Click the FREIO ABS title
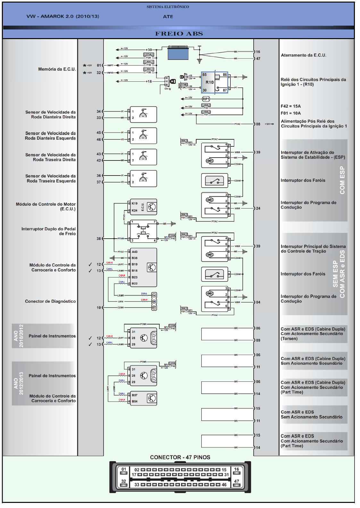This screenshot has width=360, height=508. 179,34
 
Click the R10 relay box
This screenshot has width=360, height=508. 214,82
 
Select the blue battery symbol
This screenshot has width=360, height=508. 178,53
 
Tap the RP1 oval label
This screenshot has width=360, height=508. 206,99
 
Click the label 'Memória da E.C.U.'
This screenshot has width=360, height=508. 57,69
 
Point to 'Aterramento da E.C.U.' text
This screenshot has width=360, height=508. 303,55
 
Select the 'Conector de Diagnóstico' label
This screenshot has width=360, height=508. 50,301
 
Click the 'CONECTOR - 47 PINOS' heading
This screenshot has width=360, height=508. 180,457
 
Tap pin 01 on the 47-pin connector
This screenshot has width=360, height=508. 124,470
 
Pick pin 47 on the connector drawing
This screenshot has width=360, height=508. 237,481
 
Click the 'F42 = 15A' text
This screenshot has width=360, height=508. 290,106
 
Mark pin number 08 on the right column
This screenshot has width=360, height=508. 258,124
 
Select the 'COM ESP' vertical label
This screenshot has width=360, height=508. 342,180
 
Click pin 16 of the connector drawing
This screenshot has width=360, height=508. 237,470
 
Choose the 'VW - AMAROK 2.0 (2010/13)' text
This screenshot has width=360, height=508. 63,16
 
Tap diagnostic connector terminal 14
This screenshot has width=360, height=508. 154,295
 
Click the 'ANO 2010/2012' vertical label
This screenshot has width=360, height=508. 19,336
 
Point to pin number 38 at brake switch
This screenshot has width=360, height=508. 99,239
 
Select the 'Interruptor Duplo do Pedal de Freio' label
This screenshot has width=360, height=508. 48,231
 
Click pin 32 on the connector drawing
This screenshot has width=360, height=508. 124,481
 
